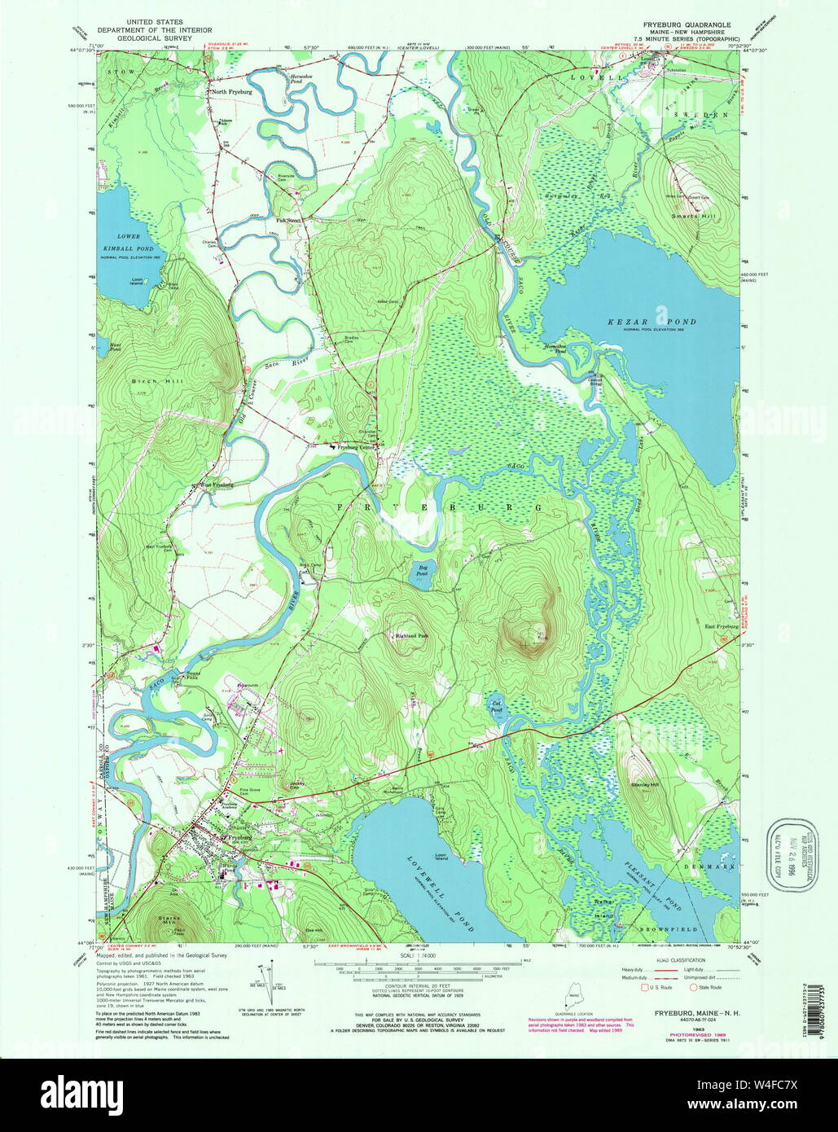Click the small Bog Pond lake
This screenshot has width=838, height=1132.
[422, 571]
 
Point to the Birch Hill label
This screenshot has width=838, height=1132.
[146, 381]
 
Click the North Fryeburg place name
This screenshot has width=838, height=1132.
[233, 92]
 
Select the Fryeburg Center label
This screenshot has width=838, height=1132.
[361, 446]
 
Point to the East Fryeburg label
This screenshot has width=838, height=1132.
[721, 626]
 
